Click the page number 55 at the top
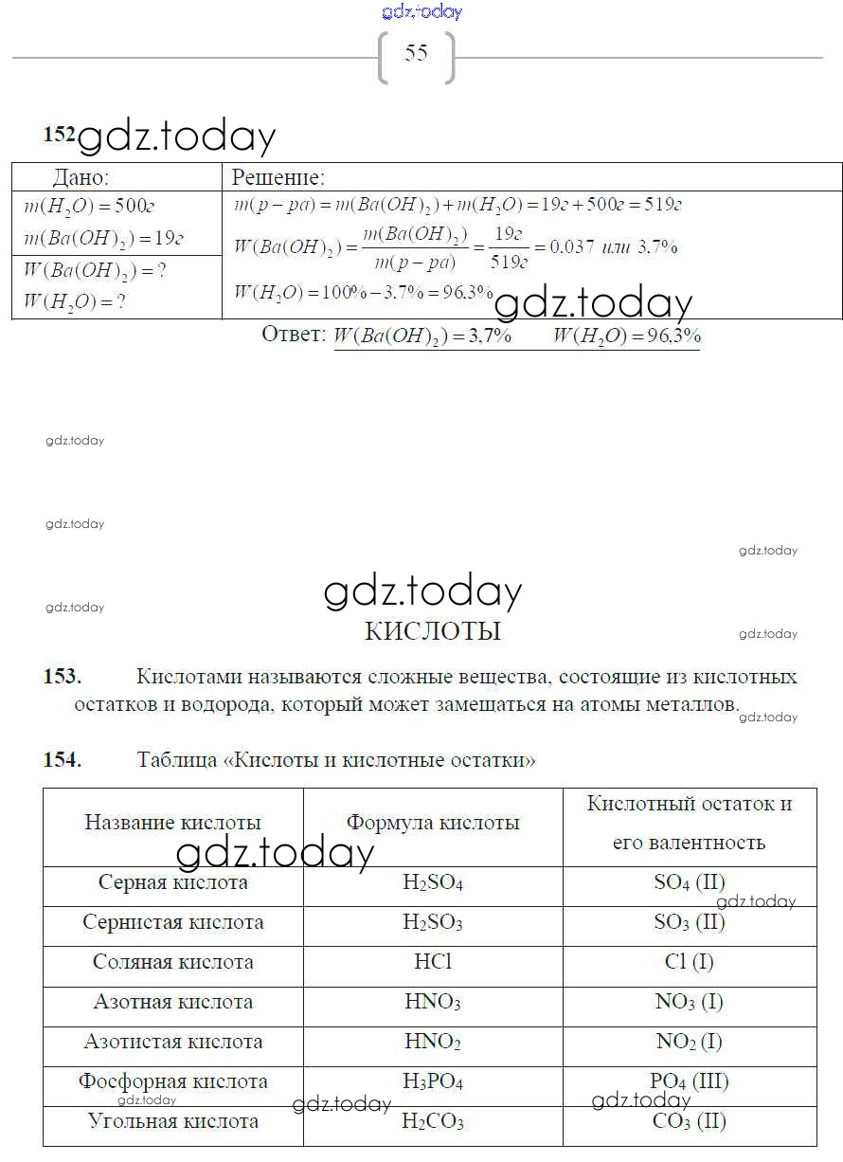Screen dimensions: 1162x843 (x=417, y=53)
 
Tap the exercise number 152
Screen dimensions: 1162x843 (x=59, y=135)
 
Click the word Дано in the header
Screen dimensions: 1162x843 (x=81, y=177)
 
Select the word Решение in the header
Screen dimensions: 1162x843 (x=278, y=177)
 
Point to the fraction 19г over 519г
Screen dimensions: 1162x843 (x=510, y=247)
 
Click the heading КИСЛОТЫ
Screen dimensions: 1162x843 (x=432, y=631)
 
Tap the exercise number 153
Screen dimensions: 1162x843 (x=63, y=677)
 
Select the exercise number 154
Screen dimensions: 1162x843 (x=63, y=759)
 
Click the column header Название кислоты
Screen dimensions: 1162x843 (x=172, y=823)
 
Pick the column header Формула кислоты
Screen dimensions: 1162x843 (x=433, y=823)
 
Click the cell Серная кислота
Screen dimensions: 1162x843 (x=172, y=882)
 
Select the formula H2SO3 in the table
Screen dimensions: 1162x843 (x=433, y=922)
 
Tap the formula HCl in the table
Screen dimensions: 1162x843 (x=433, y=962)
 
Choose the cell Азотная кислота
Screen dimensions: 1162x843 (x=172, y=1002)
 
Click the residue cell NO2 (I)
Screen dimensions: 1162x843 (x=689, y=1042)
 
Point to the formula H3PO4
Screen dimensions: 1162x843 (x=433, y=1081)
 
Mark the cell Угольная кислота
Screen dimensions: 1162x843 (x=172, y=1121)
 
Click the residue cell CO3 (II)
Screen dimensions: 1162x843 (x=689, y=1121)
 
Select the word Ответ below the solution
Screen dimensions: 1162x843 (x=293, y=336)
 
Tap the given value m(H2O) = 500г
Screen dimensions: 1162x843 (x=103, y=208)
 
